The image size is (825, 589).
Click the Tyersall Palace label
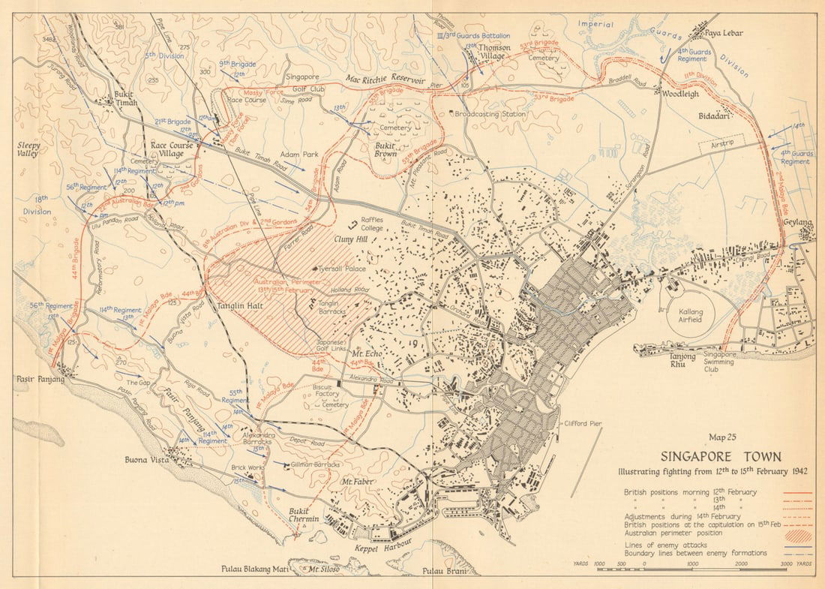[343, 269]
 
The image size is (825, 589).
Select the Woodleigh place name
[680, 94]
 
